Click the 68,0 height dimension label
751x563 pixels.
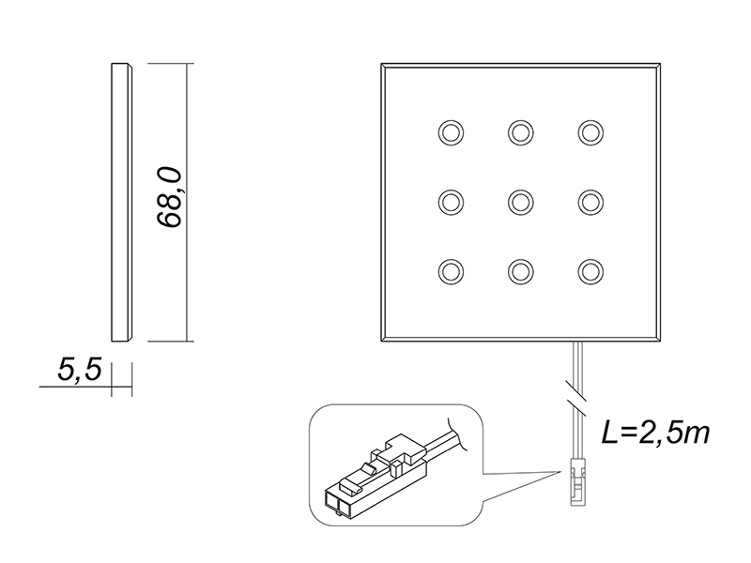tap(169, 198)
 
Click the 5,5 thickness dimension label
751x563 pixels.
tap(80, 370)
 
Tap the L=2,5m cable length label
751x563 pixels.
tap(655, 434)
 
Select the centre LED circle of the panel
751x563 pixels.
tap(521, 202)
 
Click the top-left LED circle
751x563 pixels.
tap(451, 132)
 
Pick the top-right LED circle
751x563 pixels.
tap(590, 132)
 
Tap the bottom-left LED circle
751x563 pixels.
tap(451, 271)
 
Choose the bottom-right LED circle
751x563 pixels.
tap(590, 271)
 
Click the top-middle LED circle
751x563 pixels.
tap(521, 132)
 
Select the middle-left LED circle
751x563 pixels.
tap(451, 202)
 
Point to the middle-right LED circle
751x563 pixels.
tap(590, 202)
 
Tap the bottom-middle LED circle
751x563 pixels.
tap(521, 271)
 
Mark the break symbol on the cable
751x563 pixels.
tap(576, 391)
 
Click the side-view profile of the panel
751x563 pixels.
tap(122, 202)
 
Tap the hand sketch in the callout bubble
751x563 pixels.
tap(457, 434)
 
